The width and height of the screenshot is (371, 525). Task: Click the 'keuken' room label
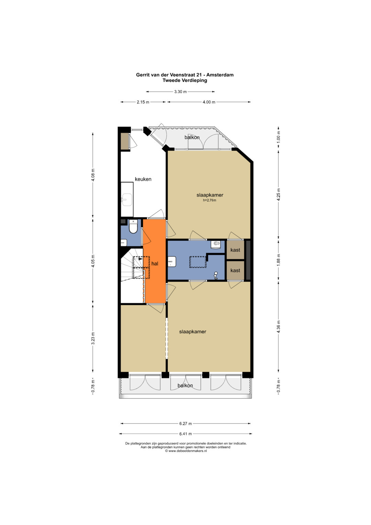(143, 179)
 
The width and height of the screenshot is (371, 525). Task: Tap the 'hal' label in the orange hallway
(155, 264)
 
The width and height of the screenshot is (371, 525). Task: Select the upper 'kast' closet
(235, 250)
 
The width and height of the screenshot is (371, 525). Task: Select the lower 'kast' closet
(235, 270)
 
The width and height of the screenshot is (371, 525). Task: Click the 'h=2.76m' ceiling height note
(210, 200)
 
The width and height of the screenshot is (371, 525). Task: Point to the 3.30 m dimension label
(180, 92)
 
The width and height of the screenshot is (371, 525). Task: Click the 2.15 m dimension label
(143, 102)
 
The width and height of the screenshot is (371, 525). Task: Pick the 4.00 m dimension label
(209, 102)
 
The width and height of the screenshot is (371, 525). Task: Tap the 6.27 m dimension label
(185, 424)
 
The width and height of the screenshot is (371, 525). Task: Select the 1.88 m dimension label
(279, 260)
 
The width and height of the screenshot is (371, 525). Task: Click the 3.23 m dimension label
(93, 338)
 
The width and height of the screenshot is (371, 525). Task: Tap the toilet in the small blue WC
(133, 227)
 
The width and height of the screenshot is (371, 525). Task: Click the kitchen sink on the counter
(127, 199)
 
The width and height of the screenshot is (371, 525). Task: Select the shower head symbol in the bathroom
(216, 276)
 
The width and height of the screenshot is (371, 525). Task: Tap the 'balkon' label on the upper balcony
(192, 137)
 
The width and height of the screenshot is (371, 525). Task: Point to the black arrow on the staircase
(140, 259)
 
